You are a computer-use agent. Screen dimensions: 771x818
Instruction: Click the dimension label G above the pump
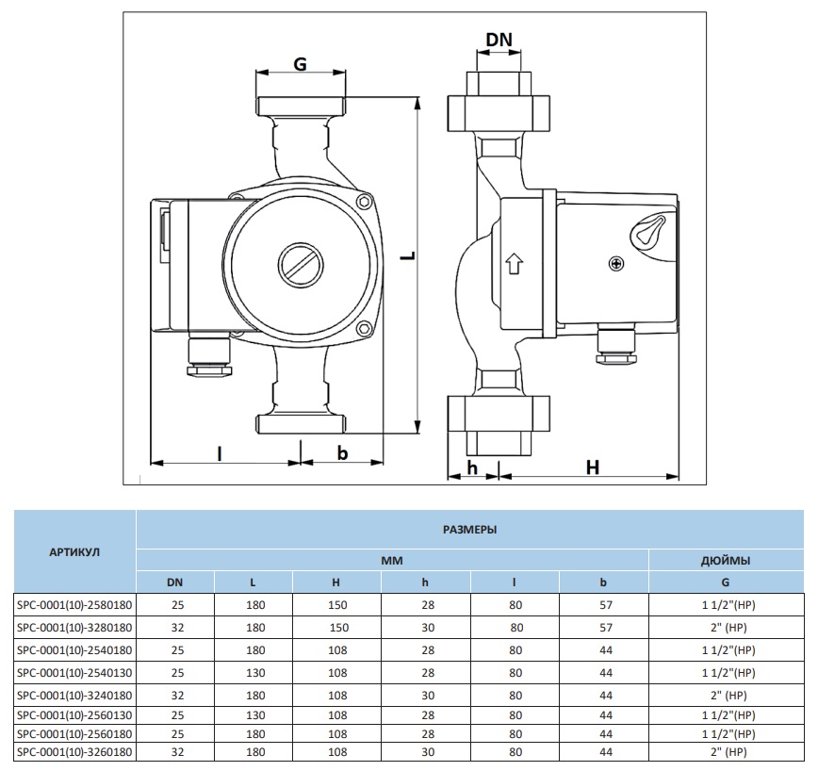(x=300, y=64)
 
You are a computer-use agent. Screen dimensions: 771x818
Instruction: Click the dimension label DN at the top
(x=499, y=39)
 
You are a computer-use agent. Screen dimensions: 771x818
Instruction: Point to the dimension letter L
(x=405, y=258)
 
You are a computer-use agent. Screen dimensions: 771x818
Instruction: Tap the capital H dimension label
(x=593, y=468)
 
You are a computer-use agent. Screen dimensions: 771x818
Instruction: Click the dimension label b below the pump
(x=342, y=453)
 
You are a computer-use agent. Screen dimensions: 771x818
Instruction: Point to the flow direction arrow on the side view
(x=514, y=263)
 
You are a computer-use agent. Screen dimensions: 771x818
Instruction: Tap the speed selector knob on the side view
(x=649, y=232)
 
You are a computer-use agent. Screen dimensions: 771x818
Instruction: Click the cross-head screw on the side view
(x=616, y=264)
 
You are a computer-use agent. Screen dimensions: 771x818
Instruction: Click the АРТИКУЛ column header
(x=75, y=551)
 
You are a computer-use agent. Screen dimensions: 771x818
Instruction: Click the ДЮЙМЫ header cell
(x=726, y=560)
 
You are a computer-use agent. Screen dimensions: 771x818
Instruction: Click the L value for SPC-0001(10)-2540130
(x=254, y=673)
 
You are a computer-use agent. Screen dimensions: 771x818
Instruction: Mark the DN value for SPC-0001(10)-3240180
(x=175, y=696)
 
